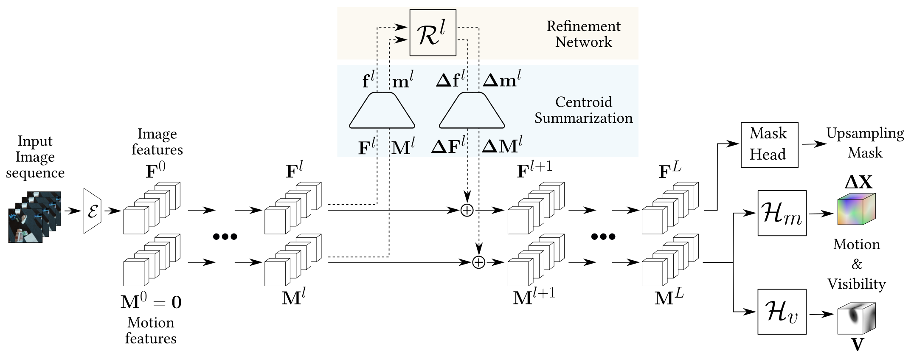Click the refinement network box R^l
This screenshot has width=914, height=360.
(433, 33)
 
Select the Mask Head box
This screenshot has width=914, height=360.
(769, 145)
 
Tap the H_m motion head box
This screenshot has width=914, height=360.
(782, 213)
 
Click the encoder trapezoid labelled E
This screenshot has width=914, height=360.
(92, 211)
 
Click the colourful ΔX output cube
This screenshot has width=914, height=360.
(856, 209)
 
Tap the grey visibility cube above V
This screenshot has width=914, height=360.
(856, 318)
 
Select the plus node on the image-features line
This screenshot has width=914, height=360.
(467, 210)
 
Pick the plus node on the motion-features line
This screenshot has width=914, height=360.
(479, 262)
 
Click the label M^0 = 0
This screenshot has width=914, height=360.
(151, 302)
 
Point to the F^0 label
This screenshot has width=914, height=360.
(155, 170)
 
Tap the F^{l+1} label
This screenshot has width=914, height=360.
(534, 170)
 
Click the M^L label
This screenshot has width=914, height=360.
(669, 298)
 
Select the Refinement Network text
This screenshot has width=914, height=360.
(583, 34)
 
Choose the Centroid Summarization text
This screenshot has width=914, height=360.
(583, 110)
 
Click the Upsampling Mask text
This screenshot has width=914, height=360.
(865, 143)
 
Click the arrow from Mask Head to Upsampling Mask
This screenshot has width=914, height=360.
(813, 144)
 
